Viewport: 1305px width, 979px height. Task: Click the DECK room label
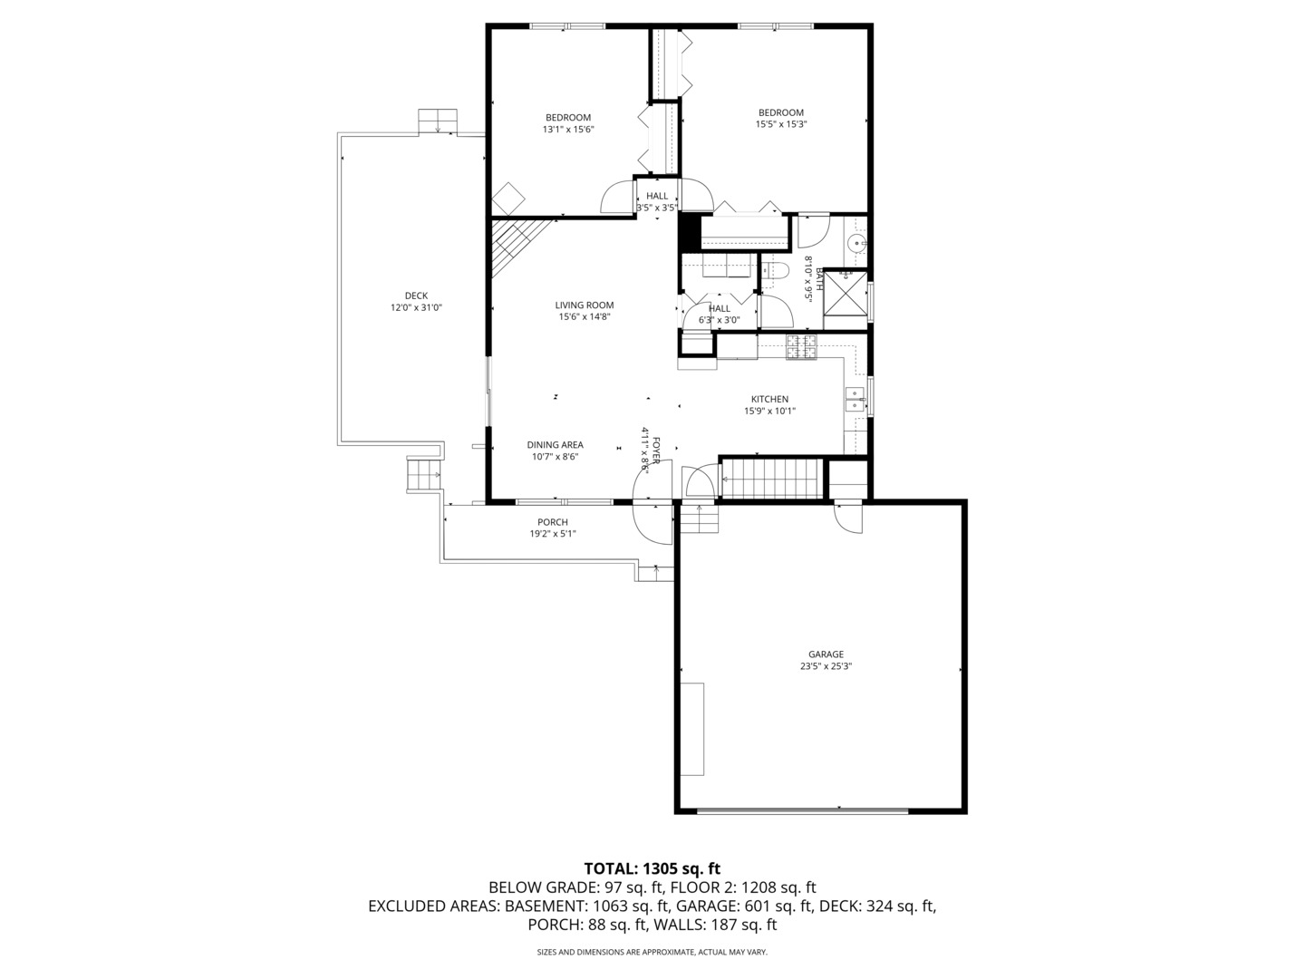(x=416, y=296)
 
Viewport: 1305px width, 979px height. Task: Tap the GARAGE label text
(x=826, y=654)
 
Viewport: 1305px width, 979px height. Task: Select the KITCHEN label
(x=770, y=400)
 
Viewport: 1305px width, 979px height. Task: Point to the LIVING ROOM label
(x=585, y=305)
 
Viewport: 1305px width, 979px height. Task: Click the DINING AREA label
(x=555, y=444)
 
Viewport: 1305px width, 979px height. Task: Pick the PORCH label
(x=553, y=522)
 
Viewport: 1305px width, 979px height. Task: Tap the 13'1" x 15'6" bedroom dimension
(x=568, y=129)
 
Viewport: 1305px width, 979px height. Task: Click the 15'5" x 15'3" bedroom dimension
(x=780, y=124)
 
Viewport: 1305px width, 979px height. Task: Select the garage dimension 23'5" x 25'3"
(x=826, y=666)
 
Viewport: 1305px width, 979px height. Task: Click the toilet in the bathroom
(x=774, y=271)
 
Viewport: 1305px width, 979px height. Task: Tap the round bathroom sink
(x=856, y=243)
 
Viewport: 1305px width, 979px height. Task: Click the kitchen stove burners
(x=801, y=347)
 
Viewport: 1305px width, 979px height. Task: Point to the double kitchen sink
(x=855, y=399)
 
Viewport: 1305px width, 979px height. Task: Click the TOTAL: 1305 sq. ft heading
(x=652, y=869)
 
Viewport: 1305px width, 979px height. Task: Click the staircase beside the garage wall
(x=771, y=479)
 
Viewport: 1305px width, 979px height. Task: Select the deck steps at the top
(x=438, y=121)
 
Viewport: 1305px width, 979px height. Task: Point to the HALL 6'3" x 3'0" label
(x=720, y=314)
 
